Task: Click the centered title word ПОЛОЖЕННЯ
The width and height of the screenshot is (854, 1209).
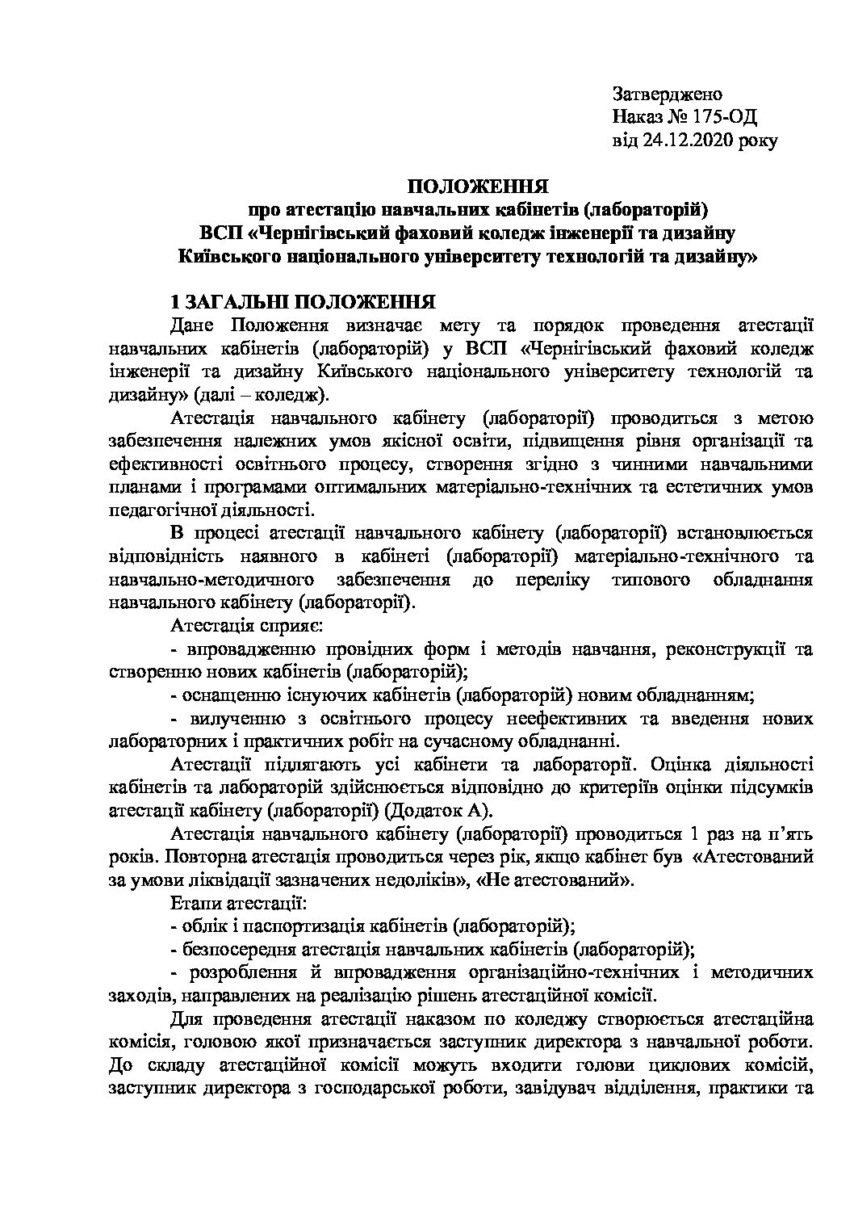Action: coord(478,187)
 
